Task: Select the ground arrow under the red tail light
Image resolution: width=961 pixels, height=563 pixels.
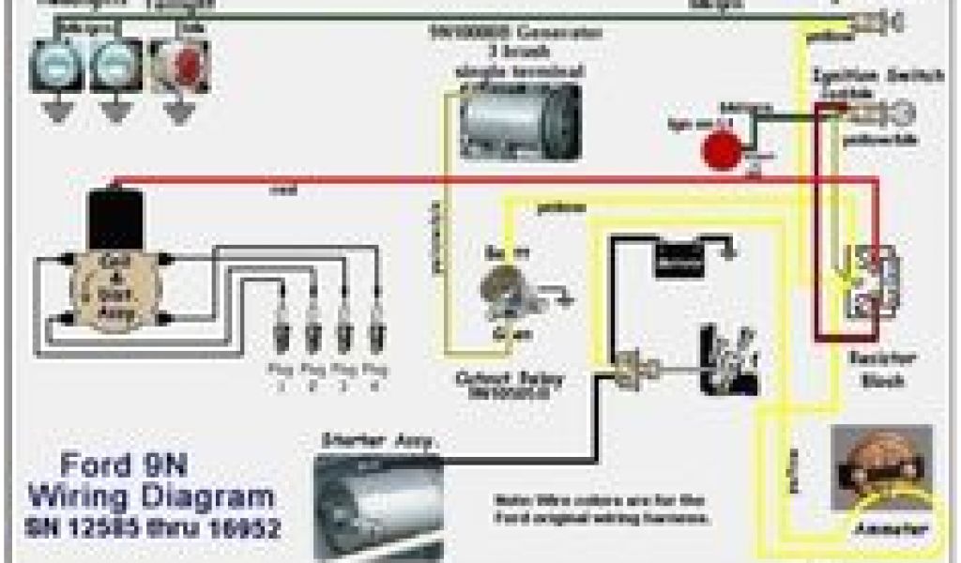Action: click(176, 111)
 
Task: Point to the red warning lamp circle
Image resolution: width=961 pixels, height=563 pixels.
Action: click(721, 149)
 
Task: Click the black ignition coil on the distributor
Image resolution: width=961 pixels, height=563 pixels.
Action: click(111, 220)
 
